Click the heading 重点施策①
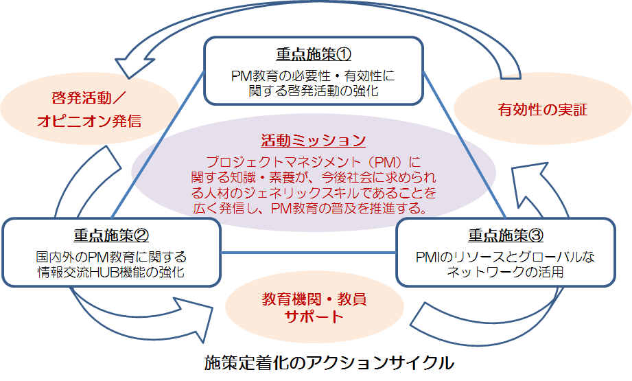pos(314,54)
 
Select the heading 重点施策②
pos(111,235)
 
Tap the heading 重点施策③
pos(506,235)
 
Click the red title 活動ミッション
pos(313,140)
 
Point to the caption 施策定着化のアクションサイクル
pos(329,362)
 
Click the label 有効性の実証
pos(543,110)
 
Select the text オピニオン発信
pos(89,121)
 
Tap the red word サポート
pos(314,316)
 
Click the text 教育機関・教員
pos(314,299)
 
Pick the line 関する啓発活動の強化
pos(314,91)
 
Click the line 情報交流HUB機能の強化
pos(111,272)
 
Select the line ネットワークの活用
pos(506,272)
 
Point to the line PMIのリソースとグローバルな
pos(506,257)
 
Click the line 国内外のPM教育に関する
pos(111,257)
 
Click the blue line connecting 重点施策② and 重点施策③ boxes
pos(308,253)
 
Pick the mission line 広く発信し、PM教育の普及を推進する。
pos(310,209)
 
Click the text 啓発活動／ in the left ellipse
pos(89,98)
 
